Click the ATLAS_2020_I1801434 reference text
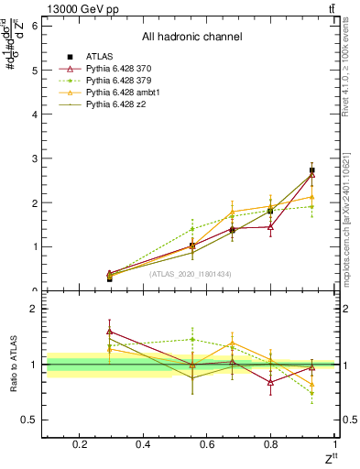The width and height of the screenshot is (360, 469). pyautogui.click(x=191, y=274)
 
